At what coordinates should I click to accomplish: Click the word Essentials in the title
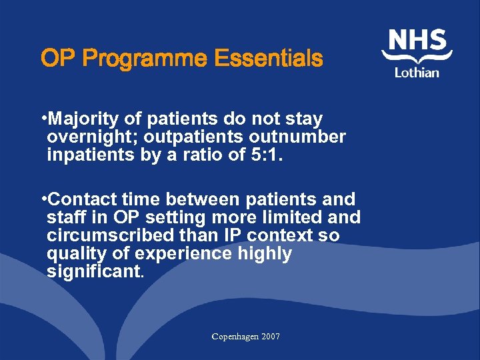268,59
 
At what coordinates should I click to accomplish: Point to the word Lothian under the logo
417,72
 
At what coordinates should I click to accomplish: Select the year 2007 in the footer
271,337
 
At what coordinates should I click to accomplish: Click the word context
277,235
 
